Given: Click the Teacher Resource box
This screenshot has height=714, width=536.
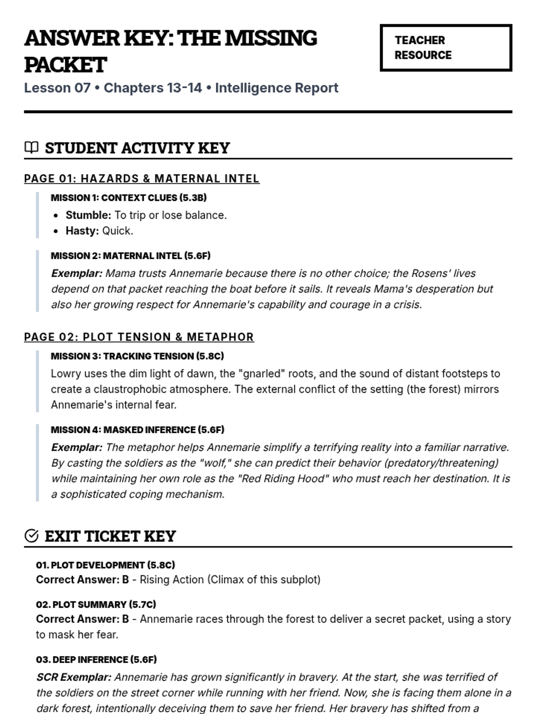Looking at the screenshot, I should pos(445,48).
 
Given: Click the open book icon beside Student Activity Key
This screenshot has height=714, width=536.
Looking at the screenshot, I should pos(31,147).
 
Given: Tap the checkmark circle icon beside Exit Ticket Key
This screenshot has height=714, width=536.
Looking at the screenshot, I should pos(31,535).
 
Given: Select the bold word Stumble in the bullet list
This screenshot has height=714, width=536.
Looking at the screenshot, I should pos(88,215).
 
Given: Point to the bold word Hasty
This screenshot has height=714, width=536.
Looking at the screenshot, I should pos(82,231).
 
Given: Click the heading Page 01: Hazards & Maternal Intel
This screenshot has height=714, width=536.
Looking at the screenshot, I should pos(142,178).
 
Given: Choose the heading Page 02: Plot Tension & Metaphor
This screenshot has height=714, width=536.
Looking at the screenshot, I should pos(139,337).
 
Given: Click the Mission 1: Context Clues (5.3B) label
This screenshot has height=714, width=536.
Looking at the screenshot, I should pos(129,198).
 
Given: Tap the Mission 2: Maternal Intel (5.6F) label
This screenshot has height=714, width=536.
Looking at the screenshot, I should pos(130,256).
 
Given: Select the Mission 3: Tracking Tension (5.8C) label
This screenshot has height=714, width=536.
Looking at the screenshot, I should pos(137,356).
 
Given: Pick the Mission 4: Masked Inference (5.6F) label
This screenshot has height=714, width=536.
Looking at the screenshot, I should pos(138,430).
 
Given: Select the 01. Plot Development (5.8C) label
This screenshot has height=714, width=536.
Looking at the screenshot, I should pos(105,565).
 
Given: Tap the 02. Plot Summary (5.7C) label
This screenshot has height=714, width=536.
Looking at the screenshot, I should pos(96,605).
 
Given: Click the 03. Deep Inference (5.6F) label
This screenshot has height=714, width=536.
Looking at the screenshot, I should pos(96,660).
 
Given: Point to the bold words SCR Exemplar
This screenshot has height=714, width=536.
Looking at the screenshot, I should pos(74,677).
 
